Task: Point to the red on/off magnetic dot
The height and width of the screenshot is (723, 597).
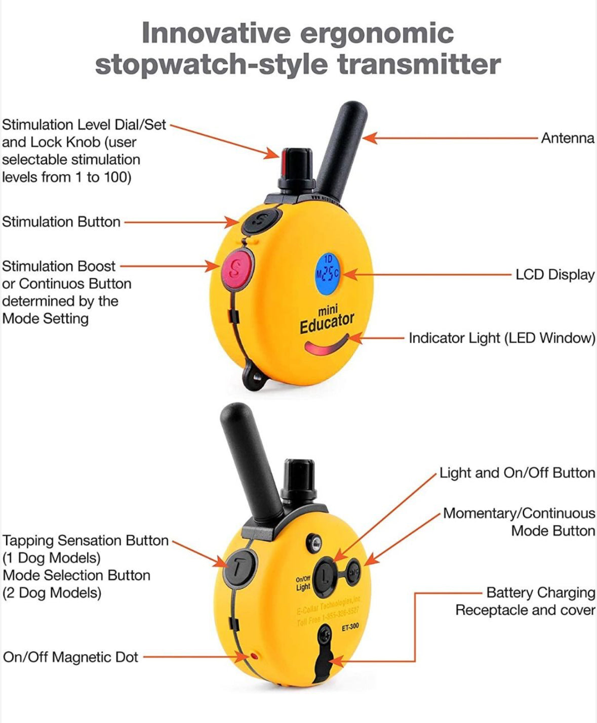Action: click(254, 656)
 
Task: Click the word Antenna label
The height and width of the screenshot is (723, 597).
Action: click(567, 138)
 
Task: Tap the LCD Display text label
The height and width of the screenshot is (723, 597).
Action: click(554, 275)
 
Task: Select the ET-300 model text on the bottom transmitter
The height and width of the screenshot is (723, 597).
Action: click(350, 627)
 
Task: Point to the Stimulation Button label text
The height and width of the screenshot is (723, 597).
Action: click(61, 222)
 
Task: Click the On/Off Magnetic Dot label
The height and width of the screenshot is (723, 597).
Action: click(70, 657)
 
